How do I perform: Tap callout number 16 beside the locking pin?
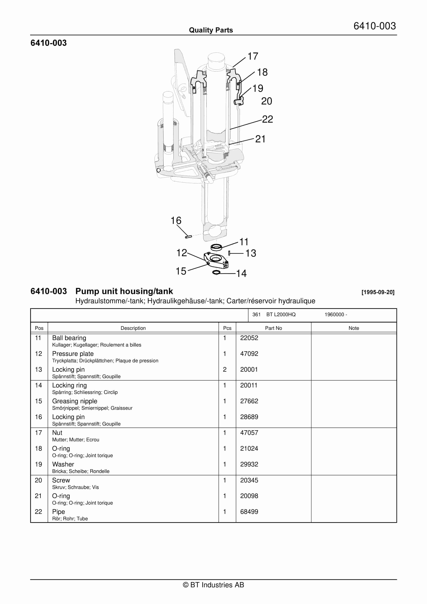coord(176,220)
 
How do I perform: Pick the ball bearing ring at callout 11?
coord(216,247)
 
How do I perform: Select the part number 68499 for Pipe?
coord(249,512)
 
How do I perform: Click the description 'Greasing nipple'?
coord(75,401)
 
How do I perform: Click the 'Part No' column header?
coord(273,328)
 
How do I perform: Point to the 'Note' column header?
coord(354,328)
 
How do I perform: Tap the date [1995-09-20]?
coord(378,292)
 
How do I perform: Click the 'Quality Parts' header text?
coord(211,30)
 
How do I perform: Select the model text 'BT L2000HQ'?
coord(281,315)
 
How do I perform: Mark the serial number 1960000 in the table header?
coord(334,315)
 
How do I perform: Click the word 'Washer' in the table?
coord(63,464)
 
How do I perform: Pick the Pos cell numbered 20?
coord(38,480)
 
